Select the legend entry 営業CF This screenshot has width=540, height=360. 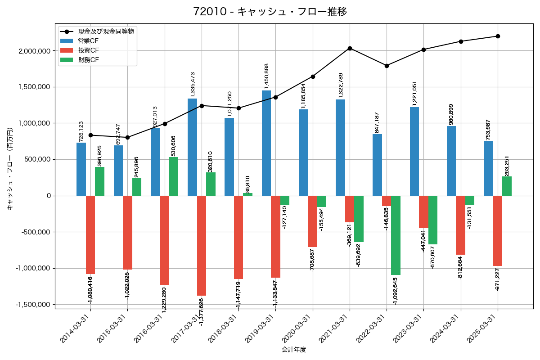click(x=88, y=41)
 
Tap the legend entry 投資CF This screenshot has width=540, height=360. click(x=88, y=50)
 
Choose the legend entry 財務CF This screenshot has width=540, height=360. click(x=88, y=60)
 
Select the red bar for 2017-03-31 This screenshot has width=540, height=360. click(x=202, y=245)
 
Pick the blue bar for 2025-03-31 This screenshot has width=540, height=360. click(x=488, y=168)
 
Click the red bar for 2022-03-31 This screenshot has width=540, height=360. click(x=387, y=201)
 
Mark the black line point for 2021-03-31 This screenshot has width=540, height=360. click(x=350, y=48)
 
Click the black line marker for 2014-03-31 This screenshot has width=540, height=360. click(x=90, y=135)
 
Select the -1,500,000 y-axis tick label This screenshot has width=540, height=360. click(x=34, y=305)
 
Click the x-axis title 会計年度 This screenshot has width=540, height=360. click(x=294, y=350)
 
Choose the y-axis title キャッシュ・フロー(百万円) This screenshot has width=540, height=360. click(x=10, y=169)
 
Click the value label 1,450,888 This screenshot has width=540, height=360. click(x=266, y=76)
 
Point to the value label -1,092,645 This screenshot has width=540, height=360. click(x=396, y=291)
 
